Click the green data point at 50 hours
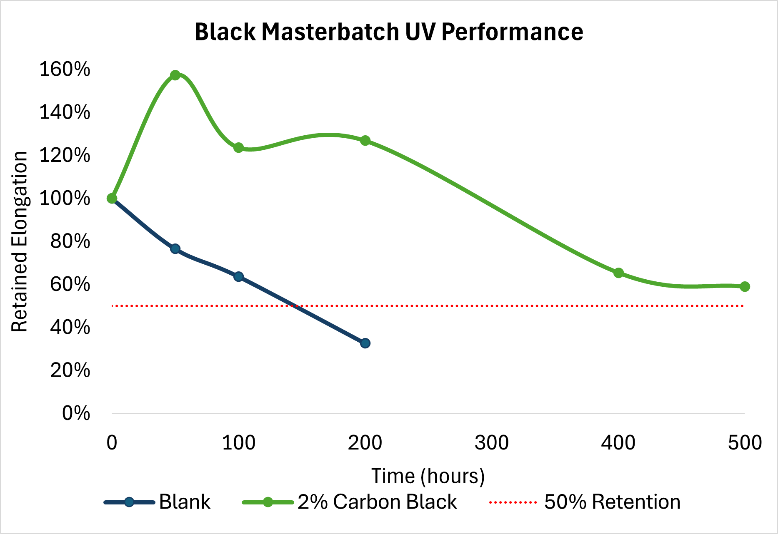pyautogui.click(x=175, y=75)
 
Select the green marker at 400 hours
pyautogui.click(x=618, y=273)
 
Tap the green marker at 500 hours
pyautogui.click(x=745, y=286)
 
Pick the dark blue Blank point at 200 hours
pyautogui.click(x=365, y=343)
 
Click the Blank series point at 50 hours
pyautogui.click(x=175, y=249)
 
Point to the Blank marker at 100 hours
pyautogui.click(x=238, y=277)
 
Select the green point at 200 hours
pyautogui.click(x=365, y=141)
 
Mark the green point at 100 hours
pyautogui.click(x=238, y=148)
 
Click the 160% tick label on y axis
pyautogui.click(x=65, y=69)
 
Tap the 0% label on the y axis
pyautogui.click(x=76, y=413)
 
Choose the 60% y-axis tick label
pyautogui.click(x=70, y=284)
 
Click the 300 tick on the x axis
pyautogui.click(x=491, y=443)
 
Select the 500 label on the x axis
pyautogui.click(x=745, y=443)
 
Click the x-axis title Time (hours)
pyautogui.click(x=428, y=476)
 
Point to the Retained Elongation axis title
pyautogui.click(x=19, y=241)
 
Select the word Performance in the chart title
pyautogui.click(x=512, y=32)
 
